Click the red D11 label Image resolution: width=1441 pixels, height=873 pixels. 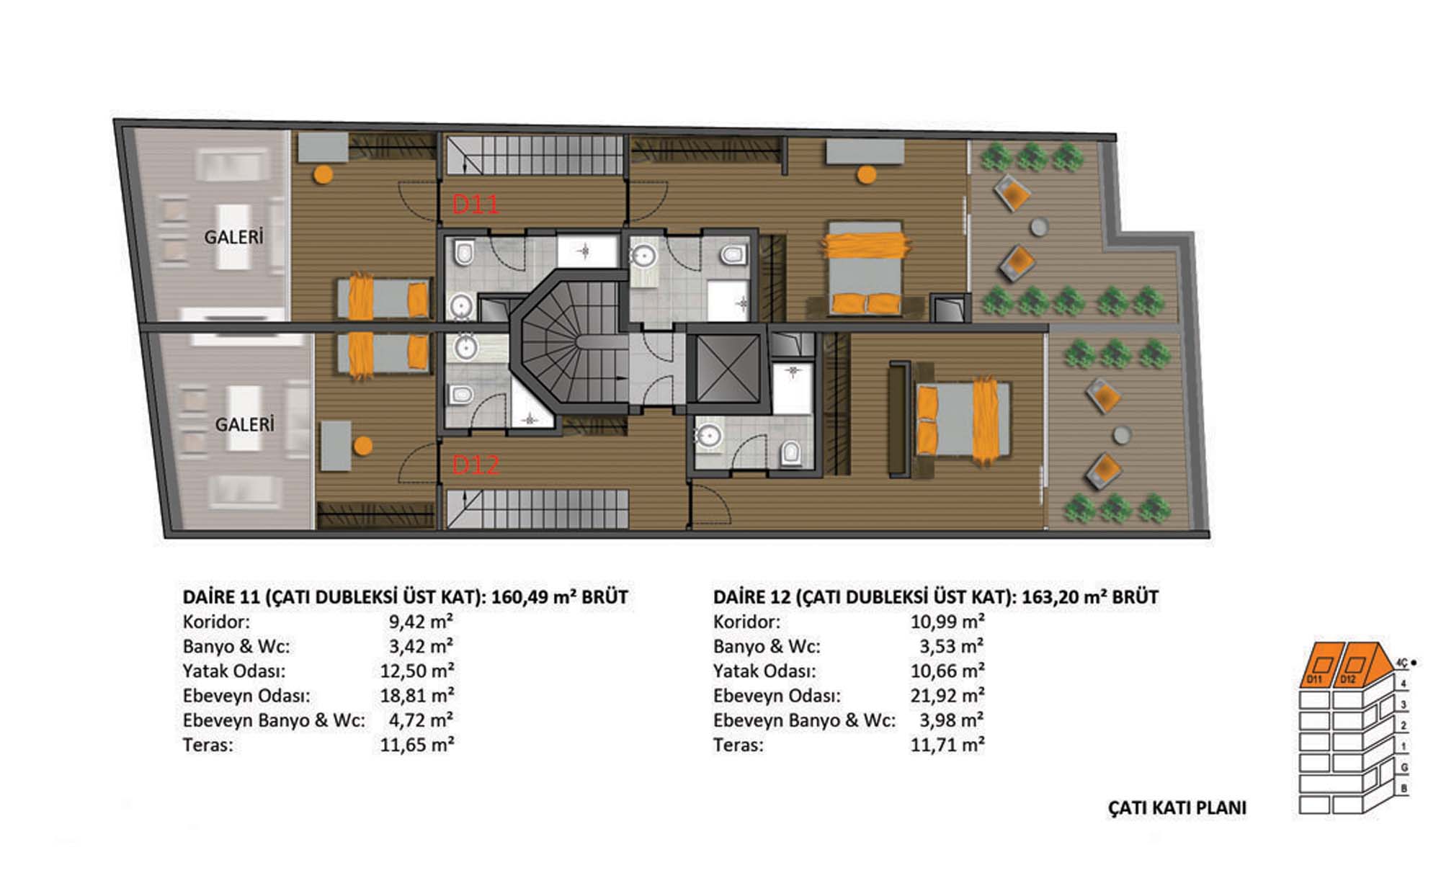point(476,205)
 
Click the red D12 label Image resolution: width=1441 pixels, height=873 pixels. point(476,465)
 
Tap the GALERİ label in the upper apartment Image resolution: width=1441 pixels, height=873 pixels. point(233,237)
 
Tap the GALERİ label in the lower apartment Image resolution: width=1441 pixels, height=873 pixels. point(245,424)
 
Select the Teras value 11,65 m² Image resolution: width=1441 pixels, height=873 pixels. point(417,745)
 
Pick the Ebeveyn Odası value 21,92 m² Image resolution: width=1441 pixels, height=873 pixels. point(947,696)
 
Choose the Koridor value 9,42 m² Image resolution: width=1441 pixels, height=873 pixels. point(421,622)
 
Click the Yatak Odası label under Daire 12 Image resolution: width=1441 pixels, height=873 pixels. point(764,671)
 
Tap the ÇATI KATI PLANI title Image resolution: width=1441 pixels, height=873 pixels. point(1177,808)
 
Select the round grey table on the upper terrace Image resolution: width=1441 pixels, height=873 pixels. point(1038,227)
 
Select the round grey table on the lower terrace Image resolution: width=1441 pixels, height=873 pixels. point(1122,435)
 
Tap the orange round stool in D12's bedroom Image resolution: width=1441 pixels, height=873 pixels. point(363,446)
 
